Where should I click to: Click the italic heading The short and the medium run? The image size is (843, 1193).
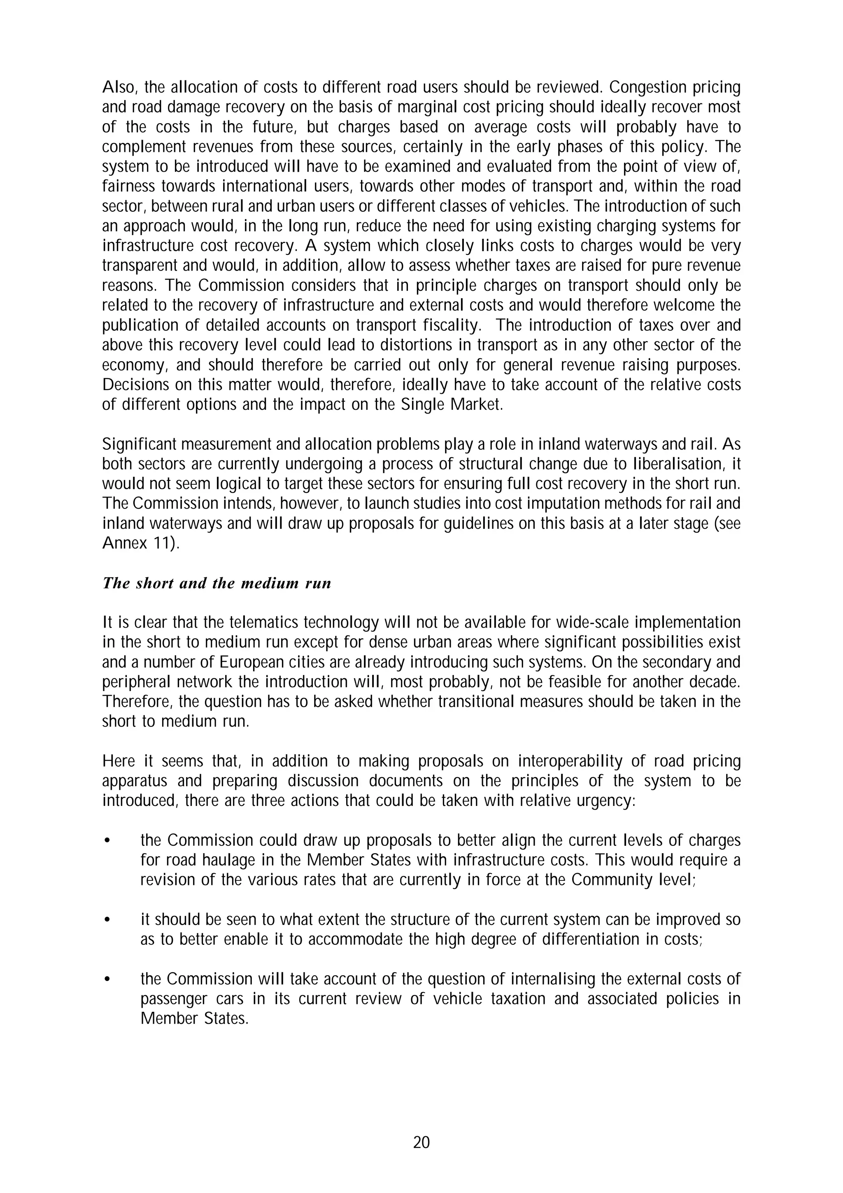click(217, 583)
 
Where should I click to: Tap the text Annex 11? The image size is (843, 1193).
click(139, 543)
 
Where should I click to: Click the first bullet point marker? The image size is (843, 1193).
click(107, 841)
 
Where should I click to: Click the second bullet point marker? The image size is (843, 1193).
click(107, 920)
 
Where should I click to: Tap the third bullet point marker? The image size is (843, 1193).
click(107, 979)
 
